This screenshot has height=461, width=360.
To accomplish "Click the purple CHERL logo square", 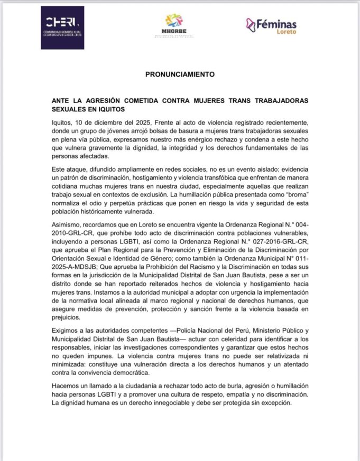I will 62,27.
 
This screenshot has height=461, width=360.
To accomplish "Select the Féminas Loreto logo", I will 271,25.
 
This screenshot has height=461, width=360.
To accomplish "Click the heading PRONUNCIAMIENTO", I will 180,74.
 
